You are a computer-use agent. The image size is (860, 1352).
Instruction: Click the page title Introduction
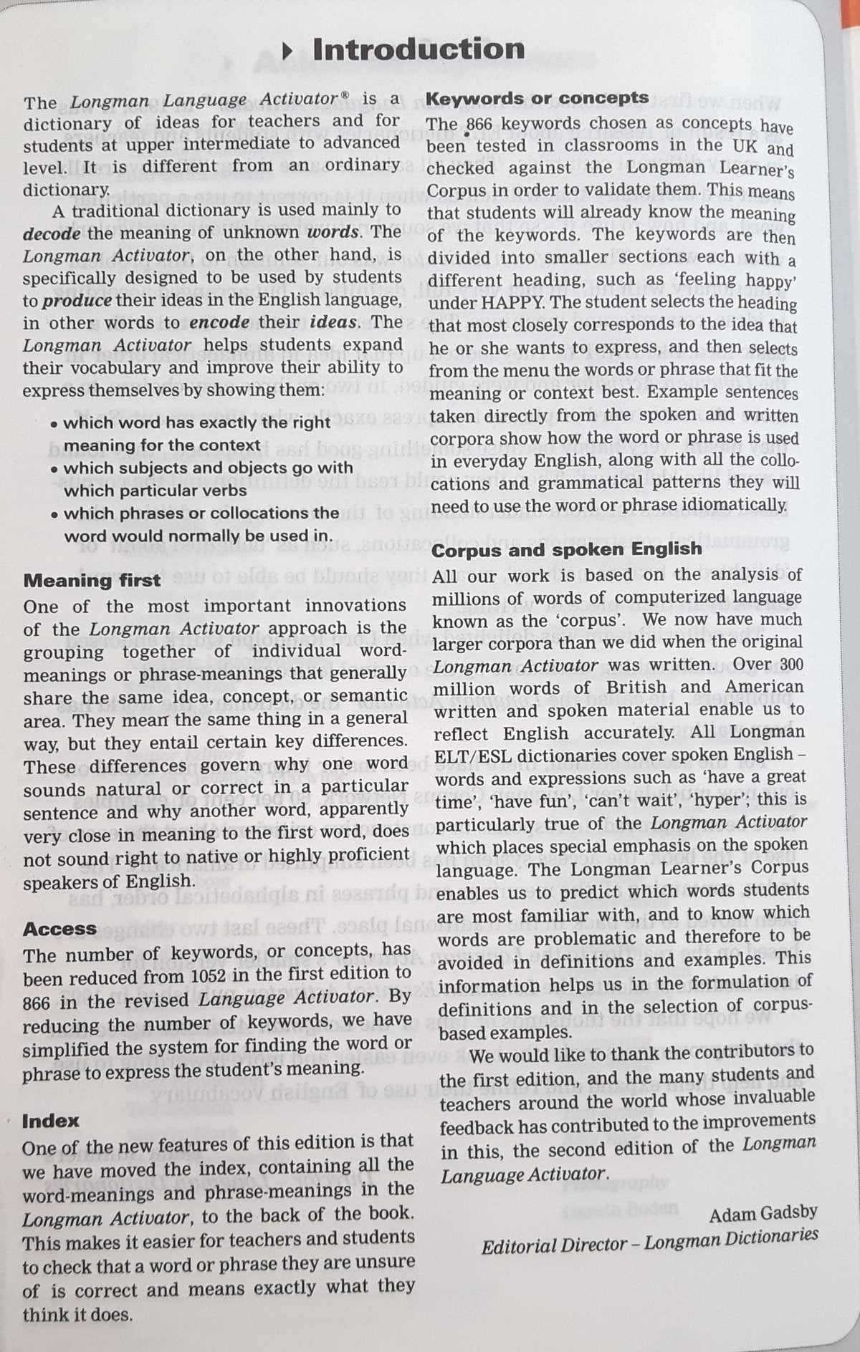pyautogui.click(x=419, y=49)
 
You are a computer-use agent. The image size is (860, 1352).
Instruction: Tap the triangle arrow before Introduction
pyautogui.click(x=288, y=50)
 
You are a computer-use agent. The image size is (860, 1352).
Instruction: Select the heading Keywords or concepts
pyautogui.click(x=537, y=98)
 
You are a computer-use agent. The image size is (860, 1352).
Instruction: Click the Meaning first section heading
pyautogui.click(x=92, y=580)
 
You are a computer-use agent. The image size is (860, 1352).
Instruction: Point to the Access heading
pyautogui.click(x=59, y=929)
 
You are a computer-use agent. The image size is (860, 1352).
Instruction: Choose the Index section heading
pyautogui.click(x=50, y=1121)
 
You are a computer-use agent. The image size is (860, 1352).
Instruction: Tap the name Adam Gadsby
pyautogui.click(x=763, y=1213)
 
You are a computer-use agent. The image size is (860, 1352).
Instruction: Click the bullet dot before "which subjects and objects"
pyautogui.click(x=54, y=470)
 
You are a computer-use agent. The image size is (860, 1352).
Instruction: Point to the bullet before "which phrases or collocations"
pyautogui.click(x=54, y=515)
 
